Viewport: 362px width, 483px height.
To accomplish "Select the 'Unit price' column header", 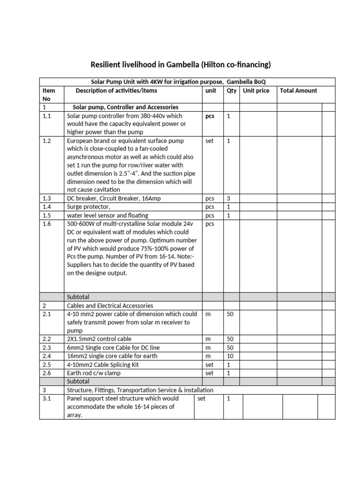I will click(256, 91).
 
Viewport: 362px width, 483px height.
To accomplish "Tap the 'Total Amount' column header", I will click(298, 91).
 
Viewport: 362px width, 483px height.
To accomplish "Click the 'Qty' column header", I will click(231, 91).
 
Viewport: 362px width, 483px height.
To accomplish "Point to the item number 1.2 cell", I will click(48, 141).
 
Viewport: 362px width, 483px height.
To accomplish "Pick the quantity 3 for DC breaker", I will click(229, 199).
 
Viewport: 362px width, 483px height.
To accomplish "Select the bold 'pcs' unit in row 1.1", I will click(210, 116).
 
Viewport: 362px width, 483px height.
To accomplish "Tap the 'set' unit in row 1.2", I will click(210, 141).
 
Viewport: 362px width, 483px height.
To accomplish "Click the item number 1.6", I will click(48, 224).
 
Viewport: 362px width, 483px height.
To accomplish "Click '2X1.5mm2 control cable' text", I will click(99, 339).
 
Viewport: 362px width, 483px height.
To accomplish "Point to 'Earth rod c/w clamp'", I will click(94, 373).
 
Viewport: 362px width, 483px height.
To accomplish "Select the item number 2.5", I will click(48, 365).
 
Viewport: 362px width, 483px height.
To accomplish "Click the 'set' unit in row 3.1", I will click(202, 399).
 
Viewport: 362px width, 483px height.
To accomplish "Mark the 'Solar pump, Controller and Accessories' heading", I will click(125, 107).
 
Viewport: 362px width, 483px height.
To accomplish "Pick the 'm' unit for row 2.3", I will click(208, 348).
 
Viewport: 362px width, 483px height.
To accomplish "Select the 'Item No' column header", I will click(49, 94).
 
